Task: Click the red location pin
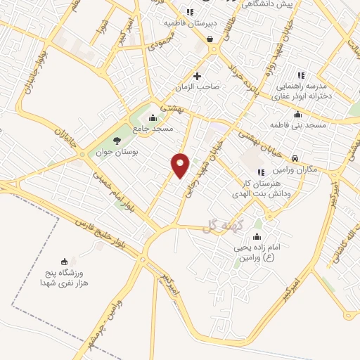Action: pyautogui.click(x=181, y=165)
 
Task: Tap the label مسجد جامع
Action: pyautogui.click(x=156, y=129)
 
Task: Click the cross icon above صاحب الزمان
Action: pyautogui.click(x=197, y=76)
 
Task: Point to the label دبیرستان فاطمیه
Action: pyautogui.click(x=189, y=23)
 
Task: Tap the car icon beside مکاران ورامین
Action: pyautogui.click(x=295, y=158)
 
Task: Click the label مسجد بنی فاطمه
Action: pyautogui.click(x=297, y=125)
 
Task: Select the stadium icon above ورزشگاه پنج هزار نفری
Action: pyautogui.click(x=65, y=261)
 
